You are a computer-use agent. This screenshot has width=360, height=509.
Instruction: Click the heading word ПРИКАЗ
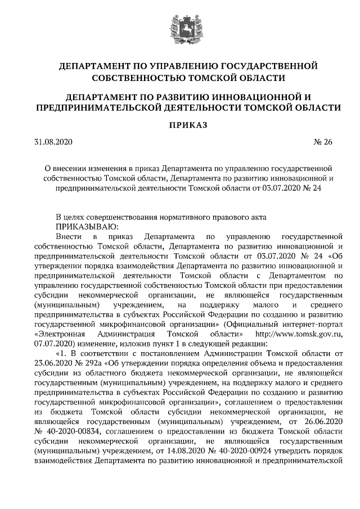(x=180, y=124)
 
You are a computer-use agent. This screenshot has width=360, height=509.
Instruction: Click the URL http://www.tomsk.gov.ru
(x=299, y=333)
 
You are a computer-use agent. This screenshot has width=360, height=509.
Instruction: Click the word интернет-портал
(x=313, y=323)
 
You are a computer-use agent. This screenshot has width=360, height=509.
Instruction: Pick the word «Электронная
(x=58, y=333)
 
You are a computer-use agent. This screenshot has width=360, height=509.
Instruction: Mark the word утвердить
(x=300, y=450)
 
